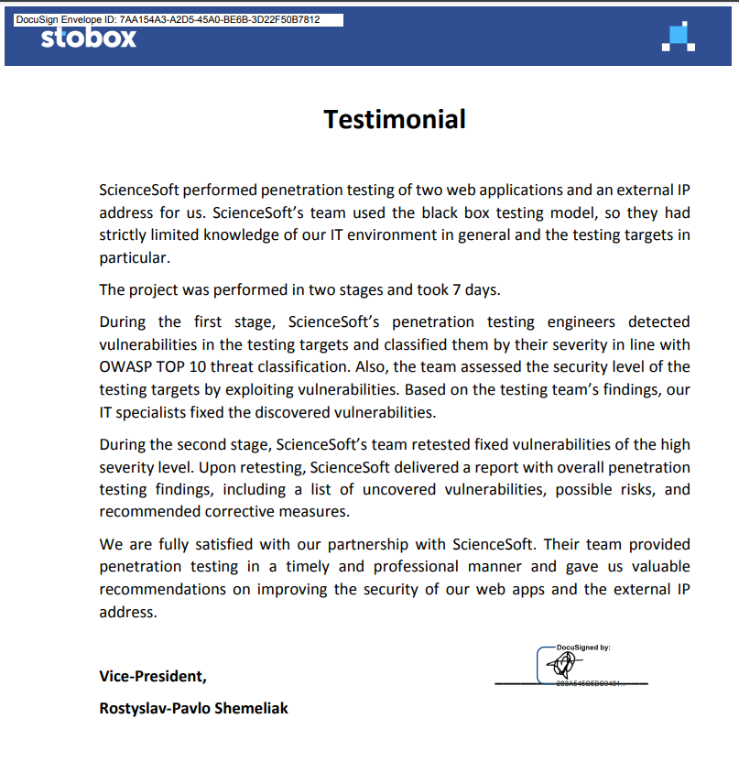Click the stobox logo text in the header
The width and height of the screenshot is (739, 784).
(x=88, y=38)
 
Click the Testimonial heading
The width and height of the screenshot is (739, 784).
(x=395, y=119)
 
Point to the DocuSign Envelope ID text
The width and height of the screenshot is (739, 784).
(x=168, y=19)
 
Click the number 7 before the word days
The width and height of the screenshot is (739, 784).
(x=457, y=290)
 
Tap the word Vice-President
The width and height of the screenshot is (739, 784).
(x=152, y=676)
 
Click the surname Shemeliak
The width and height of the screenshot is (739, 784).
(x=250, y=708)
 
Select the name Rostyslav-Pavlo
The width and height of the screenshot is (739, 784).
(x=153, y=708)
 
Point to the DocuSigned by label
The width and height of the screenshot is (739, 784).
(x=583, y=648)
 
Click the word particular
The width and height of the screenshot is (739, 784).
(x=134, y=258)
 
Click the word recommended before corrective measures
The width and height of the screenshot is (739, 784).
(x=149, y=512)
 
